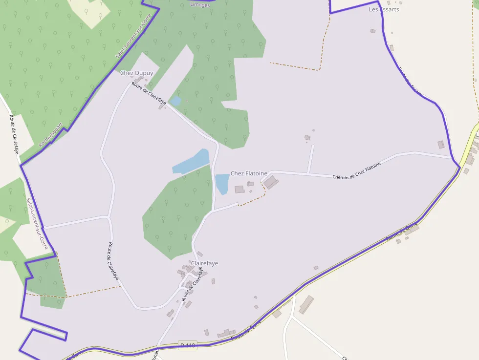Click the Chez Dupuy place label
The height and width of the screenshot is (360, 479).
coord(136,73)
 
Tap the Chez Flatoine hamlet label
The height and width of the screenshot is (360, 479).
coord(249,173)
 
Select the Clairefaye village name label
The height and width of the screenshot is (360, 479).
coord(204,263)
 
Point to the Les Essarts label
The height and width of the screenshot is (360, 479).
coord(384,9)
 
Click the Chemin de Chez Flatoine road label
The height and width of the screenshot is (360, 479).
coord(356,170)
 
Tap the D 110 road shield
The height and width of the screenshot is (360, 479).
coord(187,345)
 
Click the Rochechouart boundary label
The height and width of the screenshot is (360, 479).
coord(51,134)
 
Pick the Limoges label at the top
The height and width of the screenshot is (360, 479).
coord(199,5)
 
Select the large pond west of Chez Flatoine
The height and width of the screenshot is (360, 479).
coord(191,162)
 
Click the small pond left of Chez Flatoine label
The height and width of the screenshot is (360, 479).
coord(222,184)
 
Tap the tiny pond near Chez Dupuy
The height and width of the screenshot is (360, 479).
coord(175,102)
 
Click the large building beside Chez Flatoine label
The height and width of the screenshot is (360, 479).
coord(271,183)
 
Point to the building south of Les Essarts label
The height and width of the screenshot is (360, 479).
coord(372,31)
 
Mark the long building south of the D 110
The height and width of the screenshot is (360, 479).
coord(306,304)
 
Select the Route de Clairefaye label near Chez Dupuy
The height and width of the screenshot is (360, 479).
coord(149,93)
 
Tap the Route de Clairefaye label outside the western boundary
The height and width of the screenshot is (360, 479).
coord(13,134)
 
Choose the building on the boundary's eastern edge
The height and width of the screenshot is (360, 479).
coord(441,145)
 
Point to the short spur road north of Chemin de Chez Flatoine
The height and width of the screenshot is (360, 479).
coord(310,159)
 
